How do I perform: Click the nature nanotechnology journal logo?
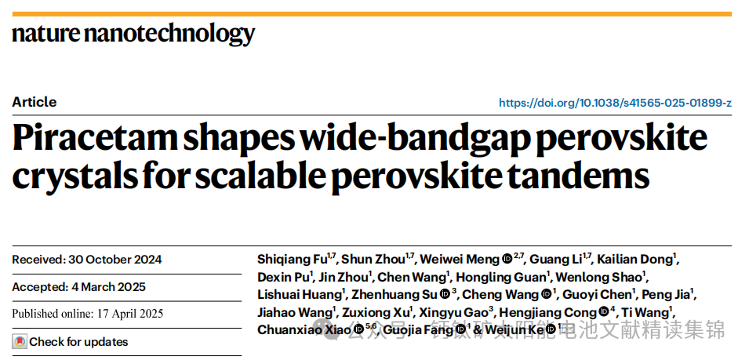pos(133,34)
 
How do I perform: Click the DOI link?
pos(615,103)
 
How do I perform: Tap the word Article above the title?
pos(35,102)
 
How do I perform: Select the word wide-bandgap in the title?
pos(427,140)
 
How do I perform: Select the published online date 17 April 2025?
pos(125,314)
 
